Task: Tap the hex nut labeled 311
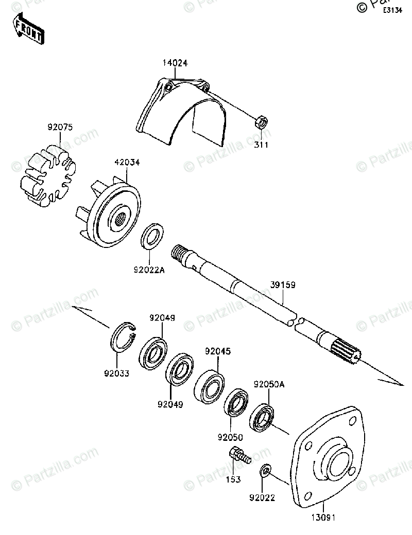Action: (261, 123)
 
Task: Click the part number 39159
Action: (282, 284)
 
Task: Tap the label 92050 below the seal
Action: (230, 437)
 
